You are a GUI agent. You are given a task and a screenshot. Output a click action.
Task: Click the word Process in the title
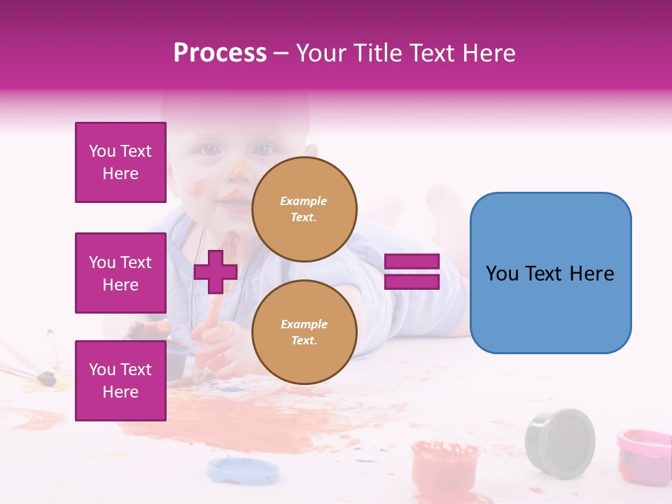220,53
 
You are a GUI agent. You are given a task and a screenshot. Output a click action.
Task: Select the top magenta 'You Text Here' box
120,162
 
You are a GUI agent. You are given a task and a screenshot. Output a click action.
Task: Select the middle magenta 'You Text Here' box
120,273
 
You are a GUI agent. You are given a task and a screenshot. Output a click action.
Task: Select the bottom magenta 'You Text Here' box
120,380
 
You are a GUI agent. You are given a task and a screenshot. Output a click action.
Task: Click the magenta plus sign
216,272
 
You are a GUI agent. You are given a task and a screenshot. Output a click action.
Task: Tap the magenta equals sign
412,272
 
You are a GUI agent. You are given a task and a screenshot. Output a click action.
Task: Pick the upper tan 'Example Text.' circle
304,209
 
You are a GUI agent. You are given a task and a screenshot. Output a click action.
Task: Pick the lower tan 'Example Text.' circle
304,332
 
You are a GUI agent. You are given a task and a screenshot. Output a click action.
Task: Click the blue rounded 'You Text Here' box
550,273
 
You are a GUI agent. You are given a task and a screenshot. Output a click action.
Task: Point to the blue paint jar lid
234,470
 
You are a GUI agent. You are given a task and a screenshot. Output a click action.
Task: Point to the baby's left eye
209,150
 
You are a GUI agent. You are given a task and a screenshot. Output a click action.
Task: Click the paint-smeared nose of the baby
238,171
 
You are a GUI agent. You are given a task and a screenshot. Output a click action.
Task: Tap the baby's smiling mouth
234,204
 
